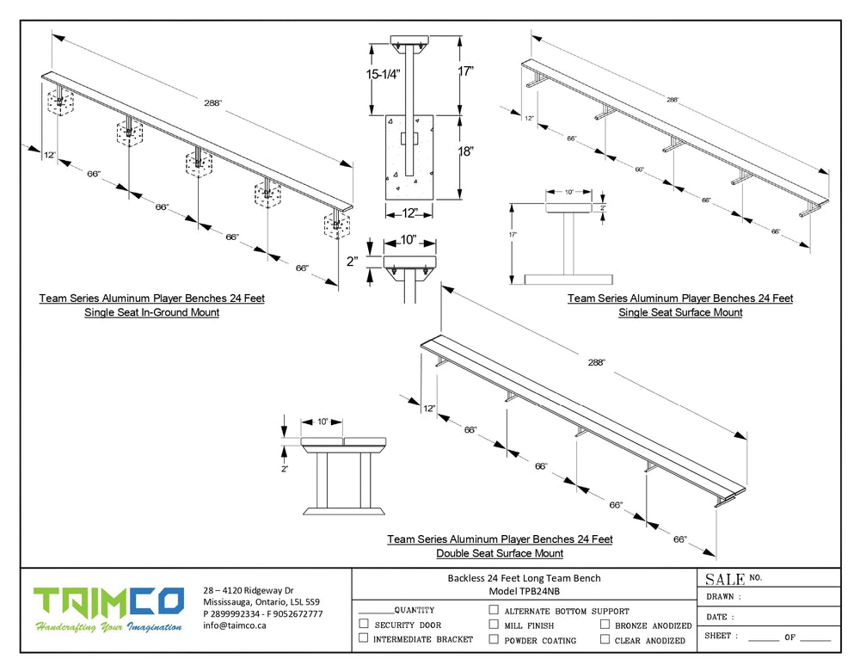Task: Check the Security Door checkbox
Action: tap(364, 625)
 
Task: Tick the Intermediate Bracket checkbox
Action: tap(364, 638)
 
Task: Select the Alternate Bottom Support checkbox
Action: tap(494, 610)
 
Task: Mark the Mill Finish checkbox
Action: tap(494, 625)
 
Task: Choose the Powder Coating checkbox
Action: tap(494, 639)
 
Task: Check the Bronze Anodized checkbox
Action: tap(605, 625)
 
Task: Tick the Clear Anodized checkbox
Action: tap(605, 639)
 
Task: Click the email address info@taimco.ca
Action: tap(235, 625)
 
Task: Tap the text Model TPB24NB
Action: tap(524, 591)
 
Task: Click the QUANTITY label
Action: tap(414, 610)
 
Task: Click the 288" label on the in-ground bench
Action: tap(213, 103)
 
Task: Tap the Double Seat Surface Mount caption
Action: tap(500, 553)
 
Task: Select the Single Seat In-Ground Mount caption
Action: tap(151, 312)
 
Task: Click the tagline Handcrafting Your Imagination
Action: tap(108, 627)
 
